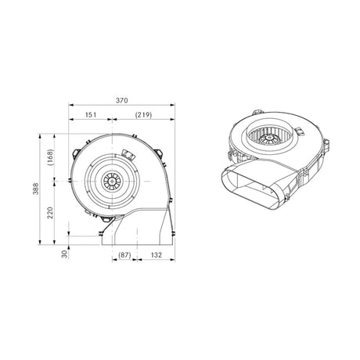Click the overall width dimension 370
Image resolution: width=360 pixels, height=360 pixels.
click(121, 100)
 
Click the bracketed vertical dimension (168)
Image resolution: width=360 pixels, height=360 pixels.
click(50, 156)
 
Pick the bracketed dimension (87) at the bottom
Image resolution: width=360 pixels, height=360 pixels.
click(124, 254)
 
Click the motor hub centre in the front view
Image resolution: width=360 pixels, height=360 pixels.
click(112, 181)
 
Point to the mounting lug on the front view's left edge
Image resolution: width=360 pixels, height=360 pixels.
click(70, 180)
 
